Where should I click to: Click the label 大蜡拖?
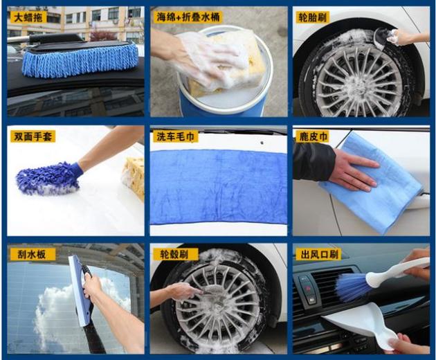(28, 18)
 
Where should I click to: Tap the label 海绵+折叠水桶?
(188, 17)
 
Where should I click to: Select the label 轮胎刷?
(313, 17)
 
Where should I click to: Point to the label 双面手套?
(33, 136)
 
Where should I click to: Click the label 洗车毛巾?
(175, 136)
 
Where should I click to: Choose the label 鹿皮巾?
(314, 136)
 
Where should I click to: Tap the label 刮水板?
(31, 254)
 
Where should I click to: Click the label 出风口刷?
(320, 254)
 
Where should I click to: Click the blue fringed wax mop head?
(80, 61)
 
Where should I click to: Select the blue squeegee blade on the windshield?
(80, 291)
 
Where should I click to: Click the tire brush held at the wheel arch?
(384, 37)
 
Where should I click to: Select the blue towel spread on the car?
(218, 187)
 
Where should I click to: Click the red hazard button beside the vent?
(308, 289)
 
